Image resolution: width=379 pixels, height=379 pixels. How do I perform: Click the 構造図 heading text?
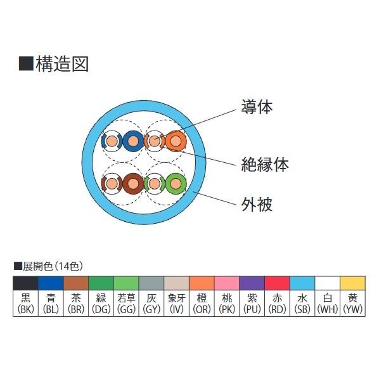tap(62, 64)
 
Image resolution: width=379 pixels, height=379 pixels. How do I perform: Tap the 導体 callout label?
tap(257, 106)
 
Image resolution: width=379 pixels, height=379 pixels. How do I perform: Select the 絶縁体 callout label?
tap(265, 164)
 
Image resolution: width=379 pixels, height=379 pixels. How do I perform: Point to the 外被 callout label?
tap(257, 204)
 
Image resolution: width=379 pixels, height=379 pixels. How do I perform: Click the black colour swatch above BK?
tap(25, 283)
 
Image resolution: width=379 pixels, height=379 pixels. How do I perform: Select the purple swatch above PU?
tap(252, 283)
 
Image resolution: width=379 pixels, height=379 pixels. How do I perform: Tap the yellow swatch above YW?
tap(352, 283)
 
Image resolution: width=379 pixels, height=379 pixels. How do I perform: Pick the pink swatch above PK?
tap(227, 283)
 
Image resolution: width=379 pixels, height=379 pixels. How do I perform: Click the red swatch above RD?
tap(277, 283)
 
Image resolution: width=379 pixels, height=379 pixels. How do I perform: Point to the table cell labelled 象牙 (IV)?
tap(176, 303)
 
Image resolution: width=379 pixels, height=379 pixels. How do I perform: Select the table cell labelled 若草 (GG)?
tap(126, 303)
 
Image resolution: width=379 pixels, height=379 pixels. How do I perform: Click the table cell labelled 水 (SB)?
tap(302, 303)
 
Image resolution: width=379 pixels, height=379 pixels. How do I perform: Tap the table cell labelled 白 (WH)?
tap(328, 303)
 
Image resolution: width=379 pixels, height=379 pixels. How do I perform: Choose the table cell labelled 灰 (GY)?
tap(151, 303)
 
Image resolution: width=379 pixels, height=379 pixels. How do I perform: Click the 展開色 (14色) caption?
tap(49, 266)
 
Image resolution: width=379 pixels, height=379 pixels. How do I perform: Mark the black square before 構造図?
tap(26, 63)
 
